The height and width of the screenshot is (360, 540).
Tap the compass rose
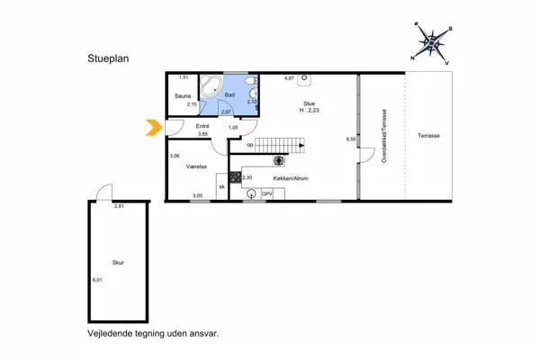[432, 41]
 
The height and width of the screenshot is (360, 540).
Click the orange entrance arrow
[153, 130]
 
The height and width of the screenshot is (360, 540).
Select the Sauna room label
[183, 94]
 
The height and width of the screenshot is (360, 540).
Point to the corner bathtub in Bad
[212, 87]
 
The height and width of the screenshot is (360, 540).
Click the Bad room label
[230, 94]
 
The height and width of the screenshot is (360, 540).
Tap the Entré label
[203, 126]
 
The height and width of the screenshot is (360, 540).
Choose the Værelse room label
[198, 167]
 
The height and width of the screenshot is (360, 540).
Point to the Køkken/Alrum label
[292, 179]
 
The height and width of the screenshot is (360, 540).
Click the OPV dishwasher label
[267, 193]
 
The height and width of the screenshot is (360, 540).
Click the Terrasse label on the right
[428, 135]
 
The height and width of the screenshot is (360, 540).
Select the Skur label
[118, 263]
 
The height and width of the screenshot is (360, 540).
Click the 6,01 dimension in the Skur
[98, 280]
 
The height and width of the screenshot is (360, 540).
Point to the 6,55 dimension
[351, 139]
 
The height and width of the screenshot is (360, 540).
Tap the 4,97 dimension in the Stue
[290, 78]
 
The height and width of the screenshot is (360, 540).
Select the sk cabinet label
[221, 186]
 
